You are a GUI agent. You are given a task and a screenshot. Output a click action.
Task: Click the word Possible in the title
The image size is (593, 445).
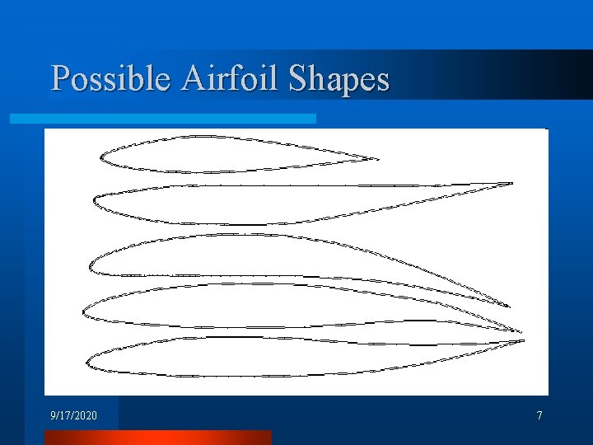coord(111,79)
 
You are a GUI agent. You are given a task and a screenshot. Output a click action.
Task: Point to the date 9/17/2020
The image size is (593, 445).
coord(73,416)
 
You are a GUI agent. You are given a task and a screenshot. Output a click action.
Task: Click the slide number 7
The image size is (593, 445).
coord(539,416)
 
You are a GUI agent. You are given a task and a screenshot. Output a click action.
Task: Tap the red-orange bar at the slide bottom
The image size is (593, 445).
coord(156,437)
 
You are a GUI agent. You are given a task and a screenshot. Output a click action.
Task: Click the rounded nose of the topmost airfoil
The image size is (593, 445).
coord(101,157)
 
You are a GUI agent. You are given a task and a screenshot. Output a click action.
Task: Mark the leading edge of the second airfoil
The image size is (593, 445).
coord(96,200)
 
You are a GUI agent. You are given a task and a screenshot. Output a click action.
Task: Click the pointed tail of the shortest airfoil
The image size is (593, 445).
coord(376,158)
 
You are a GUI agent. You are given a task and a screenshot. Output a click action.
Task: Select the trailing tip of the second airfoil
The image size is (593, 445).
coord(511,183)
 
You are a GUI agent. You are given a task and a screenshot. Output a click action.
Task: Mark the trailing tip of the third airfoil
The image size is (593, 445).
coord(508,306)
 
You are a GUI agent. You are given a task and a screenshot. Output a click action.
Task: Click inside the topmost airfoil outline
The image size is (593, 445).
coord(206,154)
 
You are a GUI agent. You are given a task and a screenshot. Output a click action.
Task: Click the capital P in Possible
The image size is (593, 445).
coord(60,79)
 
